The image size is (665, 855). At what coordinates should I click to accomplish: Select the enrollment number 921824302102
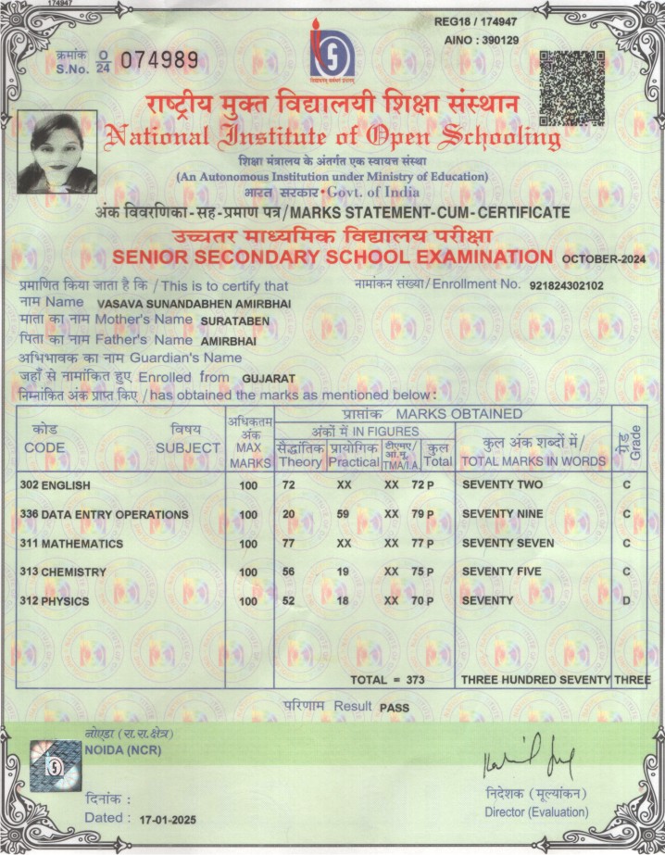coord(566,285)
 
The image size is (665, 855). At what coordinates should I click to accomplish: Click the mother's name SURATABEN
coord(234,321)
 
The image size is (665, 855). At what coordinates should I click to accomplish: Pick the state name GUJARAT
coord(268,380)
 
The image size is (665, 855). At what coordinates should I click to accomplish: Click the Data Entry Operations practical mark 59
coord(343,513)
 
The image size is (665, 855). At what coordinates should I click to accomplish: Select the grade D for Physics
coord(628,601)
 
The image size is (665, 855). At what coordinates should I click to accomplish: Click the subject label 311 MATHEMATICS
coord(70,543)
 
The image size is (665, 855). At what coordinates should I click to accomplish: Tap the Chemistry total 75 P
coord(422,572)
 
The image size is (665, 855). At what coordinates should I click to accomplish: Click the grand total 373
coord(414,680)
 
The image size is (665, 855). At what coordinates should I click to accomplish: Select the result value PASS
coord(395,707)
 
